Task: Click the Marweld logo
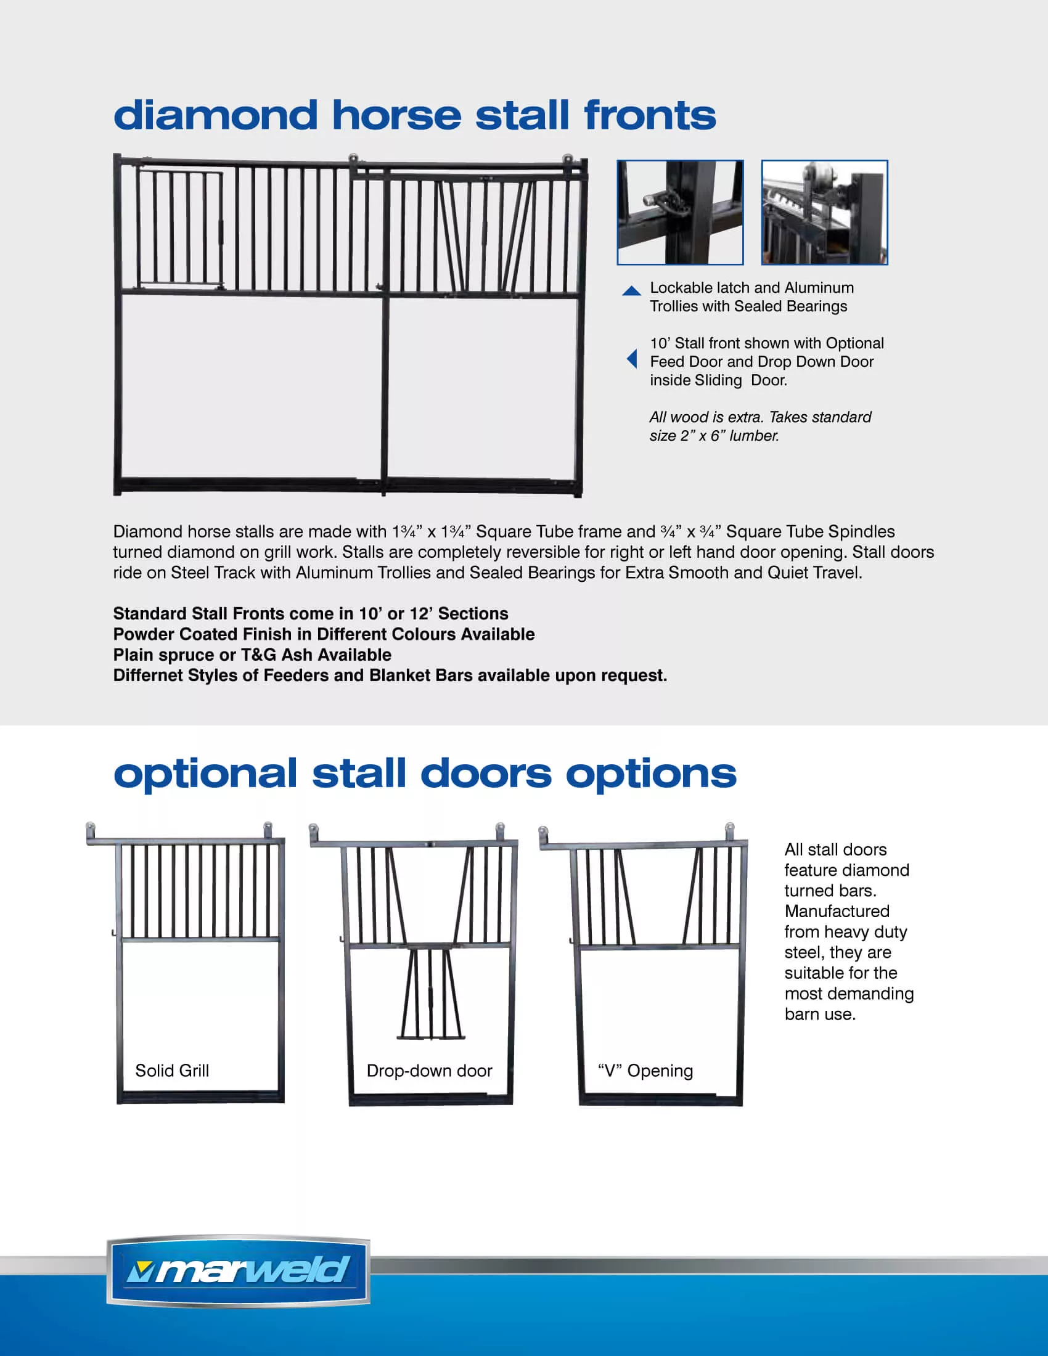[x=239, y=1270]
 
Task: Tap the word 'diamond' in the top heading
[x=215, y=115]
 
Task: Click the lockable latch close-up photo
[x=680, y=213]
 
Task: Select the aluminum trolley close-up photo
[x=824, y=213]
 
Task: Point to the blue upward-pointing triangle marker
[x=631, y=290]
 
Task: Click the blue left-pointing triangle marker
[x=632, y=358]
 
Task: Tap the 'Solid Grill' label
[x=172, y=1071]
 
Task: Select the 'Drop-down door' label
[x=429, y=1071]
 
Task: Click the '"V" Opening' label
[x=645, y=1071]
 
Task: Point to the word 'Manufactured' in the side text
[x=837, y=912]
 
